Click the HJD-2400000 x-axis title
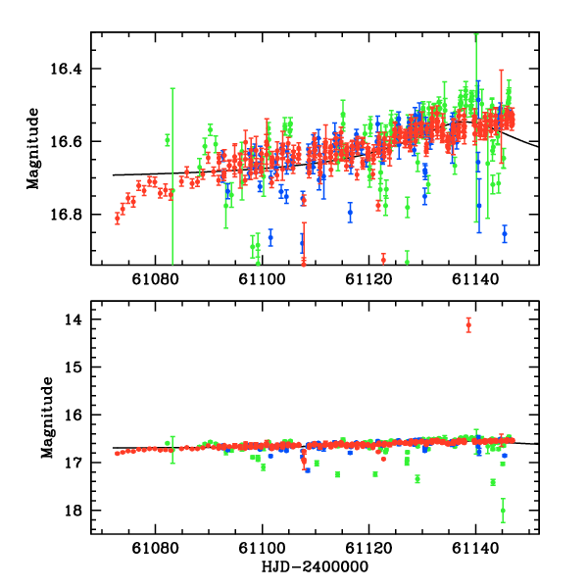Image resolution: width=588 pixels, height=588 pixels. tap(315, 566)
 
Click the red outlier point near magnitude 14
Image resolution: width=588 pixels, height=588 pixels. tap(468, 325)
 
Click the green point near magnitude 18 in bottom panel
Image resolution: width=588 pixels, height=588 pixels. tap(503, 510)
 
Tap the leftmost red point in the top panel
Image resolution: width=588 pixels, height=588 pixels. tap(117, 219)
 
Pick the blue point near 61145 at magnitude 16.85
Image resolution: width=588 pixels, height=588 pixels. tap(505, 233)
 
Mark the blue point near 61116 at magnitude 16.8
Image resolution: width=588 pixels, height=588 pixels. tap(350, 212)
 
